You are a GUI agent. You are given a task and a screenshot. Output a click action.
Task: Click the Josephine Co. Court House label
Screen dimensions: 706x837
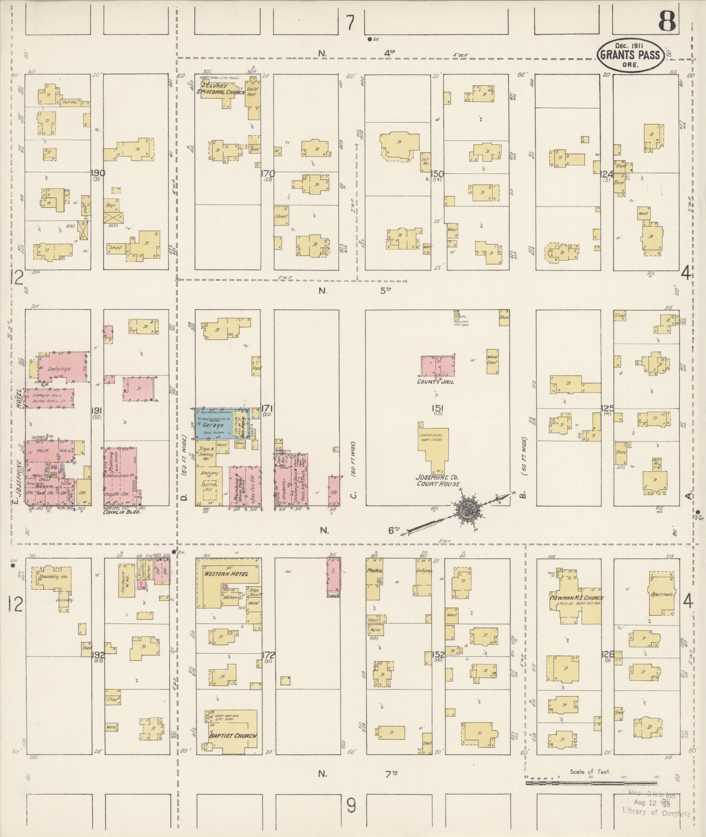437,481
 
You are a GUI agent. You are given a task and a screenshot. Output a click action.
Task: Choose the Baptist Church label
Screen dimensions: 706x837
232,735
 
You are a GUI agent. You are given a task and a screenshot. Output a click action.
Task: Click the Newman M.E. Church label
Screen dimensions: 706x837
576,598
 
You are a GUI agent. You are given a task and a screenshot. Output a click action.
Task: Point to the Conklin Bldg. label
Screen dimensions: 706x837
121,511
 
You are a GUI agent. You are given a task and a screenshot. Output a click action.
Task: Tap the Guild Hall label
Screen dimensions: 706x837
253,91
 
